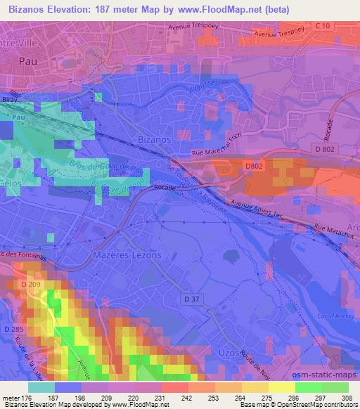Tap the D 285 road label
click(x=14, y=329)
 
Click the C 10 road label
click(x=323, y=26)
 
